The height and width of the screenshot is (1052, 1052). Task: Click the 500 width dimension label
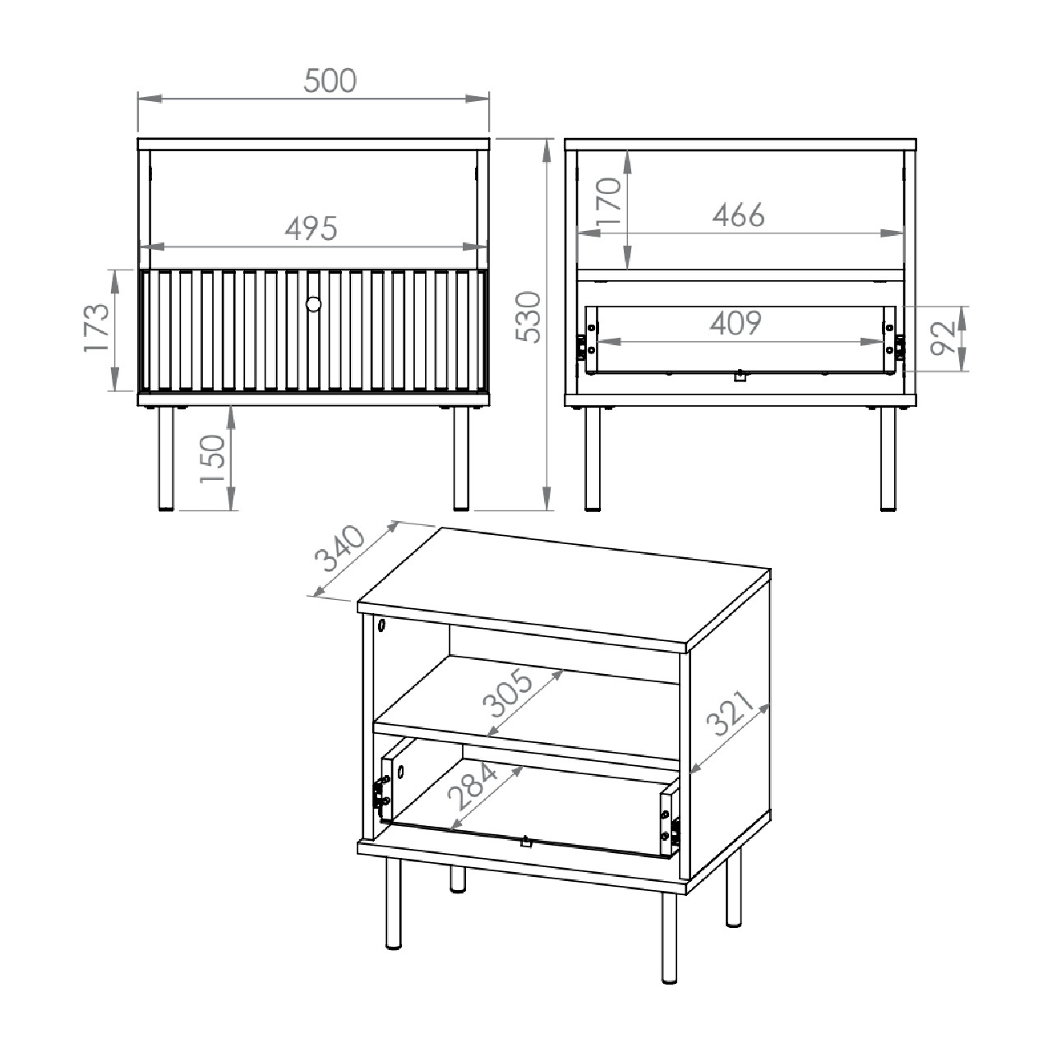tap(330, 81)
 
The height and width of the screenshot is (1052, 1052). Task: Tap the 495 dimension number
tap(311, 228)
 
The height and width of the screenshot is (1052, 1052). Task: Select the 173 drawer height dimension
tap(97, 328)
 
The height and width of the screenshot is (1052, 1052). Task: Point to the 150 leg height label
tap(212, 459)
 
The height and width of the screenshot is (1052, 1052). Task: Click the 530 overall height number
tap(528, 317)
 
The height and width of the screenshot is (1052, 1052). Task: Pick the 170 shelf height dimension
tap(609, 201)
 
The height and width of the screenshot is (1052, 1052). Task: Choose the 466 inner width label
tap(738, 215)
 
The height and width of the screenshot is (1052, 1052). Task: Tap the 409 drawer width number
tap(736, 323)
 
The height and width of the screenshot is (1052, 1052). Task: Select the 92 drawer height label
tap(944, 339)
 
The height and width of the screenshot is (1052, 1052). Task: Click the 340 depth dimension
tap(339, 548)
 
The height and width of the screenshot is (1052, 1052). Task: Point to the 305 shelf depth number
tap(508, 693)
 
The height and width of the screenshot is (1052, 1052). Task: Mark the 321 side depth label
tap(729, 713)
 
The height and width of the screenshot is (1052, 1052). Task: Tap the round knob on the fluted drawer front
tap(313, 303)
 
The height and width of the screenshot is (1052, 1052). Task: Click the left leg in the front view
tap(166, 459)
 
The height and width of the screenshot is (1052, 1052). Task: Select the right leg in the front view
tap(461, 459)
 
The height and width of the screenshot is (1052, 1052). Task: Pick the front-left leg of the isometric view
tap(393, 903)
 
